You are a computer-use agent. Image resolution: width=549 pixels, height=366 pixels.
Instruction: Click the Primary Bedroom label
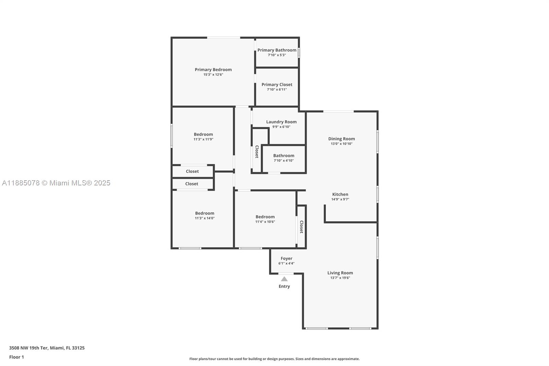(x=213, y=70)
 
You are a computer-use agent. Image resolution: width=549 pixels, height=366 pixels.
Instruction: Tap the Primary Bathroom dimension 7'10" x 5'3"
(x=277, y=55)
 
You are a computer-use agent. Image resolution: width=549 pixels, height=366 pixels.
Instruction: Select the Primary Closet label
(x=277, y=84)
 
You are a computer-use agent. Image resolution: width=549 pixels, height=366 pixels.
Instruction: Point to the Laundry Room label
(x=281, y=122)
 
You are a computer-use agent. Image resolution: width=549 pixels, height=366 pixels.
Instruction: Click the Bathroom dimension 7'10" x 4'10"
(x=284, y=161)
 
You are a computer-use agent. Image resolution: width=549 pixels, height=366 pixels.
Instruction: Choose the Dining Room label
(x=341, y=139)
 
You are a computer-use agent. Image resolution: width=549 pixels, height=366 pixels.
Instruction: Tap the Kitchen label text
(x=340, y=194)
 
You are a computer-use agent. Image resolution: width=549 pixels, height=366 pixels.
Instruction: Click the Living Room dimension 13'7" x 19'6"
(x=340, y=278)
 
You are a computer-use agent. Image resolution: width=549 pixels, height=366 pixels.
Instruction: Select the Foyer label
(x=287, y=259)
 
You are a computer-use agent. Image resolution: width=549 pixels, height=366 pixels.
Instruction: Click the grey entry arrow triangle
(x=284, y=279)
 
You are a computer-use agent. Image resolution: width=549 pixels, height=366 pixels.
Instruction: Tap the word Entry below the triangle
(x=284, y=286)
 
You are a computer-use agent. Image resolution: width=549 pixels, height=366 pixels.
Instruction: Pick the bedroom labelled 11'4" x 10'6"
(x=265, y=219)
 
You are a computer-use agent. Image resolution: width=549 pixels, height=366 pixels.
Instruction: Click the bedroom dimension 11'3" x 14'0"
(x=205, y=218)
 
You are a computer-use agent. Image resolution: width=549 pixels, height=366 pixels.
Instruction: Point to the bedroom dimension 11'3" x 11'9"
(x=203, y=139)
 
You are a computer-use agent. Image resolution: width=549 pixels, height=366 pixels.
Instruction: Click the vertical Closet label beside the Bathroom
(x=257, y=152)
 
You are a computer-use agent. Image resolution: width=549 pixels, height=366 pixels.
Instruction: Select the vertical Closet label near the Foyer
(x=301, y=227)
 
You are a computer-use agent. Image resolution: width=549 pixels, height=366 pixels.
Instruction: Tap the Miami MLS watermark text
(x=56, y=183)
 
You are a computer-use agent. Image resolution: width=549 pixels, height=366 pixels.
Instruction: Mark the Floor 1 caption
(x=16, y=357)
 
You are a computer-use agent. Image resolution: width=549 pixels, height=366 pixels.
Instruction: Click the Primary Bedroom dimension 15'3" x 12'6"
(x=213, y=75)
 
